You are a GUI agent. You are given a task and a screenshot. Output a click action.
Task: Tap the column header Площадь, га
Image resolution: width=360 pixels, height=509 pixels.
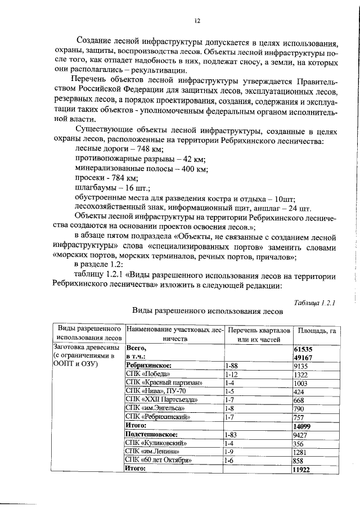click(317, 331)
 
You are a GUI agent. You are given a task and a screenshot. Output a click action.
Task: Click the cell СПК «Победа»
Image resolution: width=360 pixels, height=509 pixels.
click(147, 374)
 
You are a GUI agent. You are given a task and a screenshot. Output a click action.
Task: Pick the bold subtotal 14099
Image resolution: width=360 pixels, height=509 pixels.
click(304, 427)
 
